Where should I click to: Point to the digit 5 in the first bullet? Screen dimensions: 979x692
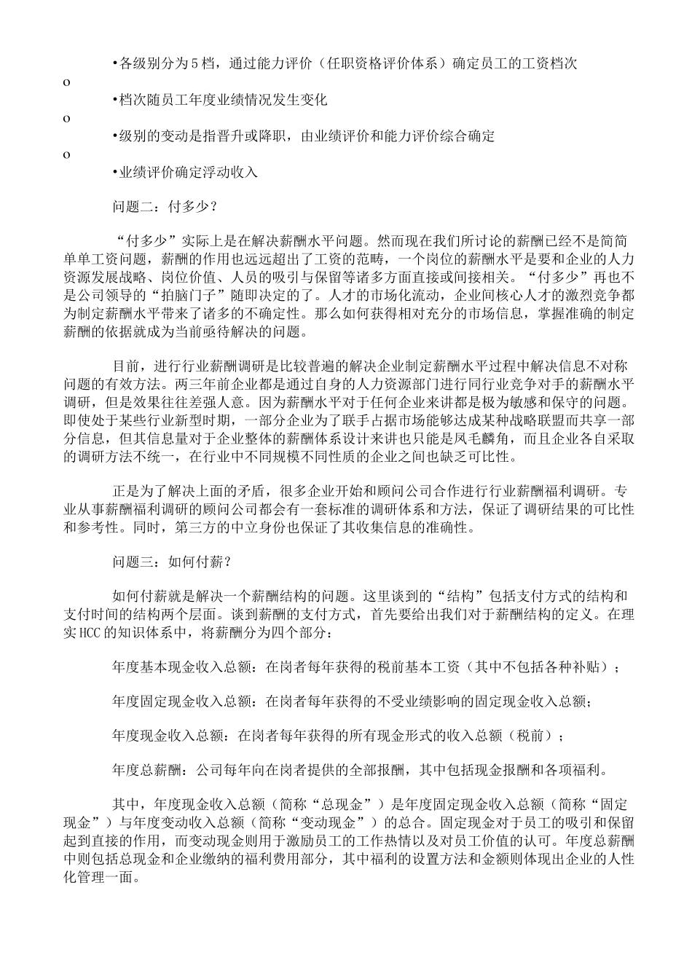194,63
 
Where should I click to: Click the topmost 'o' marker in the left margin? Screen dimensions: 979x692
67,82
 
